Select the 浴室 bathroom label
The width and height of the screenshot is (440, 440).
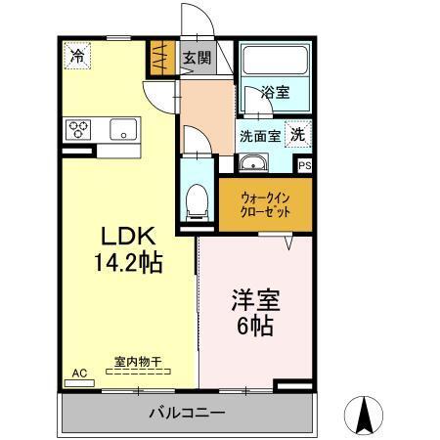(x=276, y=93)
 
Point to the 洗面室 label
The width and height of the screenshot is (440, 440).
(x=259, y=136)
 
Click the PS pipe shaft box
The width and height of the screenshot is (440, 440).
(x=304, y=165)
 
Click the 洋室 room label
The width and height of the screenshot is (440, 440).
(x=252, y=298)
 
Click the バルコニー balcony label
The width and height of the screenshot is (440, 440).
(x=186, y=412)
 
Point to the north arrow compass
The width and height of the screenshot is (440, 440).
(x=368, y=415)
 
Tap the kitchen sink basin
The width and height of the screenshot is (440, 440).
(x=123, y=129)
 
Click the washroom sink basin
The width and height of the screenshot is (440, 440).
(x=253, y=163)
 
